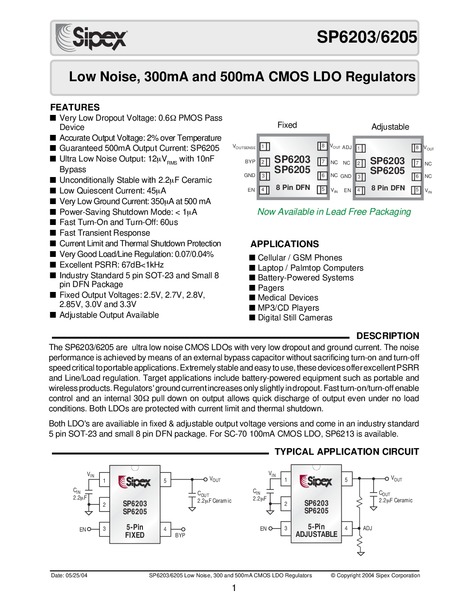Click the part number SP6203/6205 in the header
[367, 37]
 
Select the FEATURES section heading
[75, 107]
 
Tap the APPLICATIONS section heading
[284, 244]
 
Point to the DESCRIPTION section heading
[387, 336]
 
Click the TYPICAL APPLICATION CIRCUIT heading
[347, 452]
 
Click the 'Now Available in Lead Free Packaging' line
[334, 212]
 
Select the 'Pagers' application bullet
[271, 288]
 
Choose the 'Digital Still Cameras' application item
[295, 318]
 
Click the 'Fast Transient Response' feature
[105, 233]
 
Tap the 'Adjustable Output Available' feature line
[109, 315]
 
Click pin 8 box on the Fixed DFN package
[323, 146]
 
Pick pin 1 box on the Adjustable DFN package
[360, 148]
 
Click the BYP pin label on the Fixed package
[250, 162]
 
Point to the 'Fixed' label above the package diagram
[287, 125]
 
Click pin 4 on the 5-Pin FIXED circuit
[165, 529]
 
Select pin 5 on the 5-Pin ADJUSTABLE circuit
[347, 479]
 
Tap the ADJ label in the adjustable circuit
[367, 528]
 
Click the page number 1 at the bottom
[234, 588]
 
